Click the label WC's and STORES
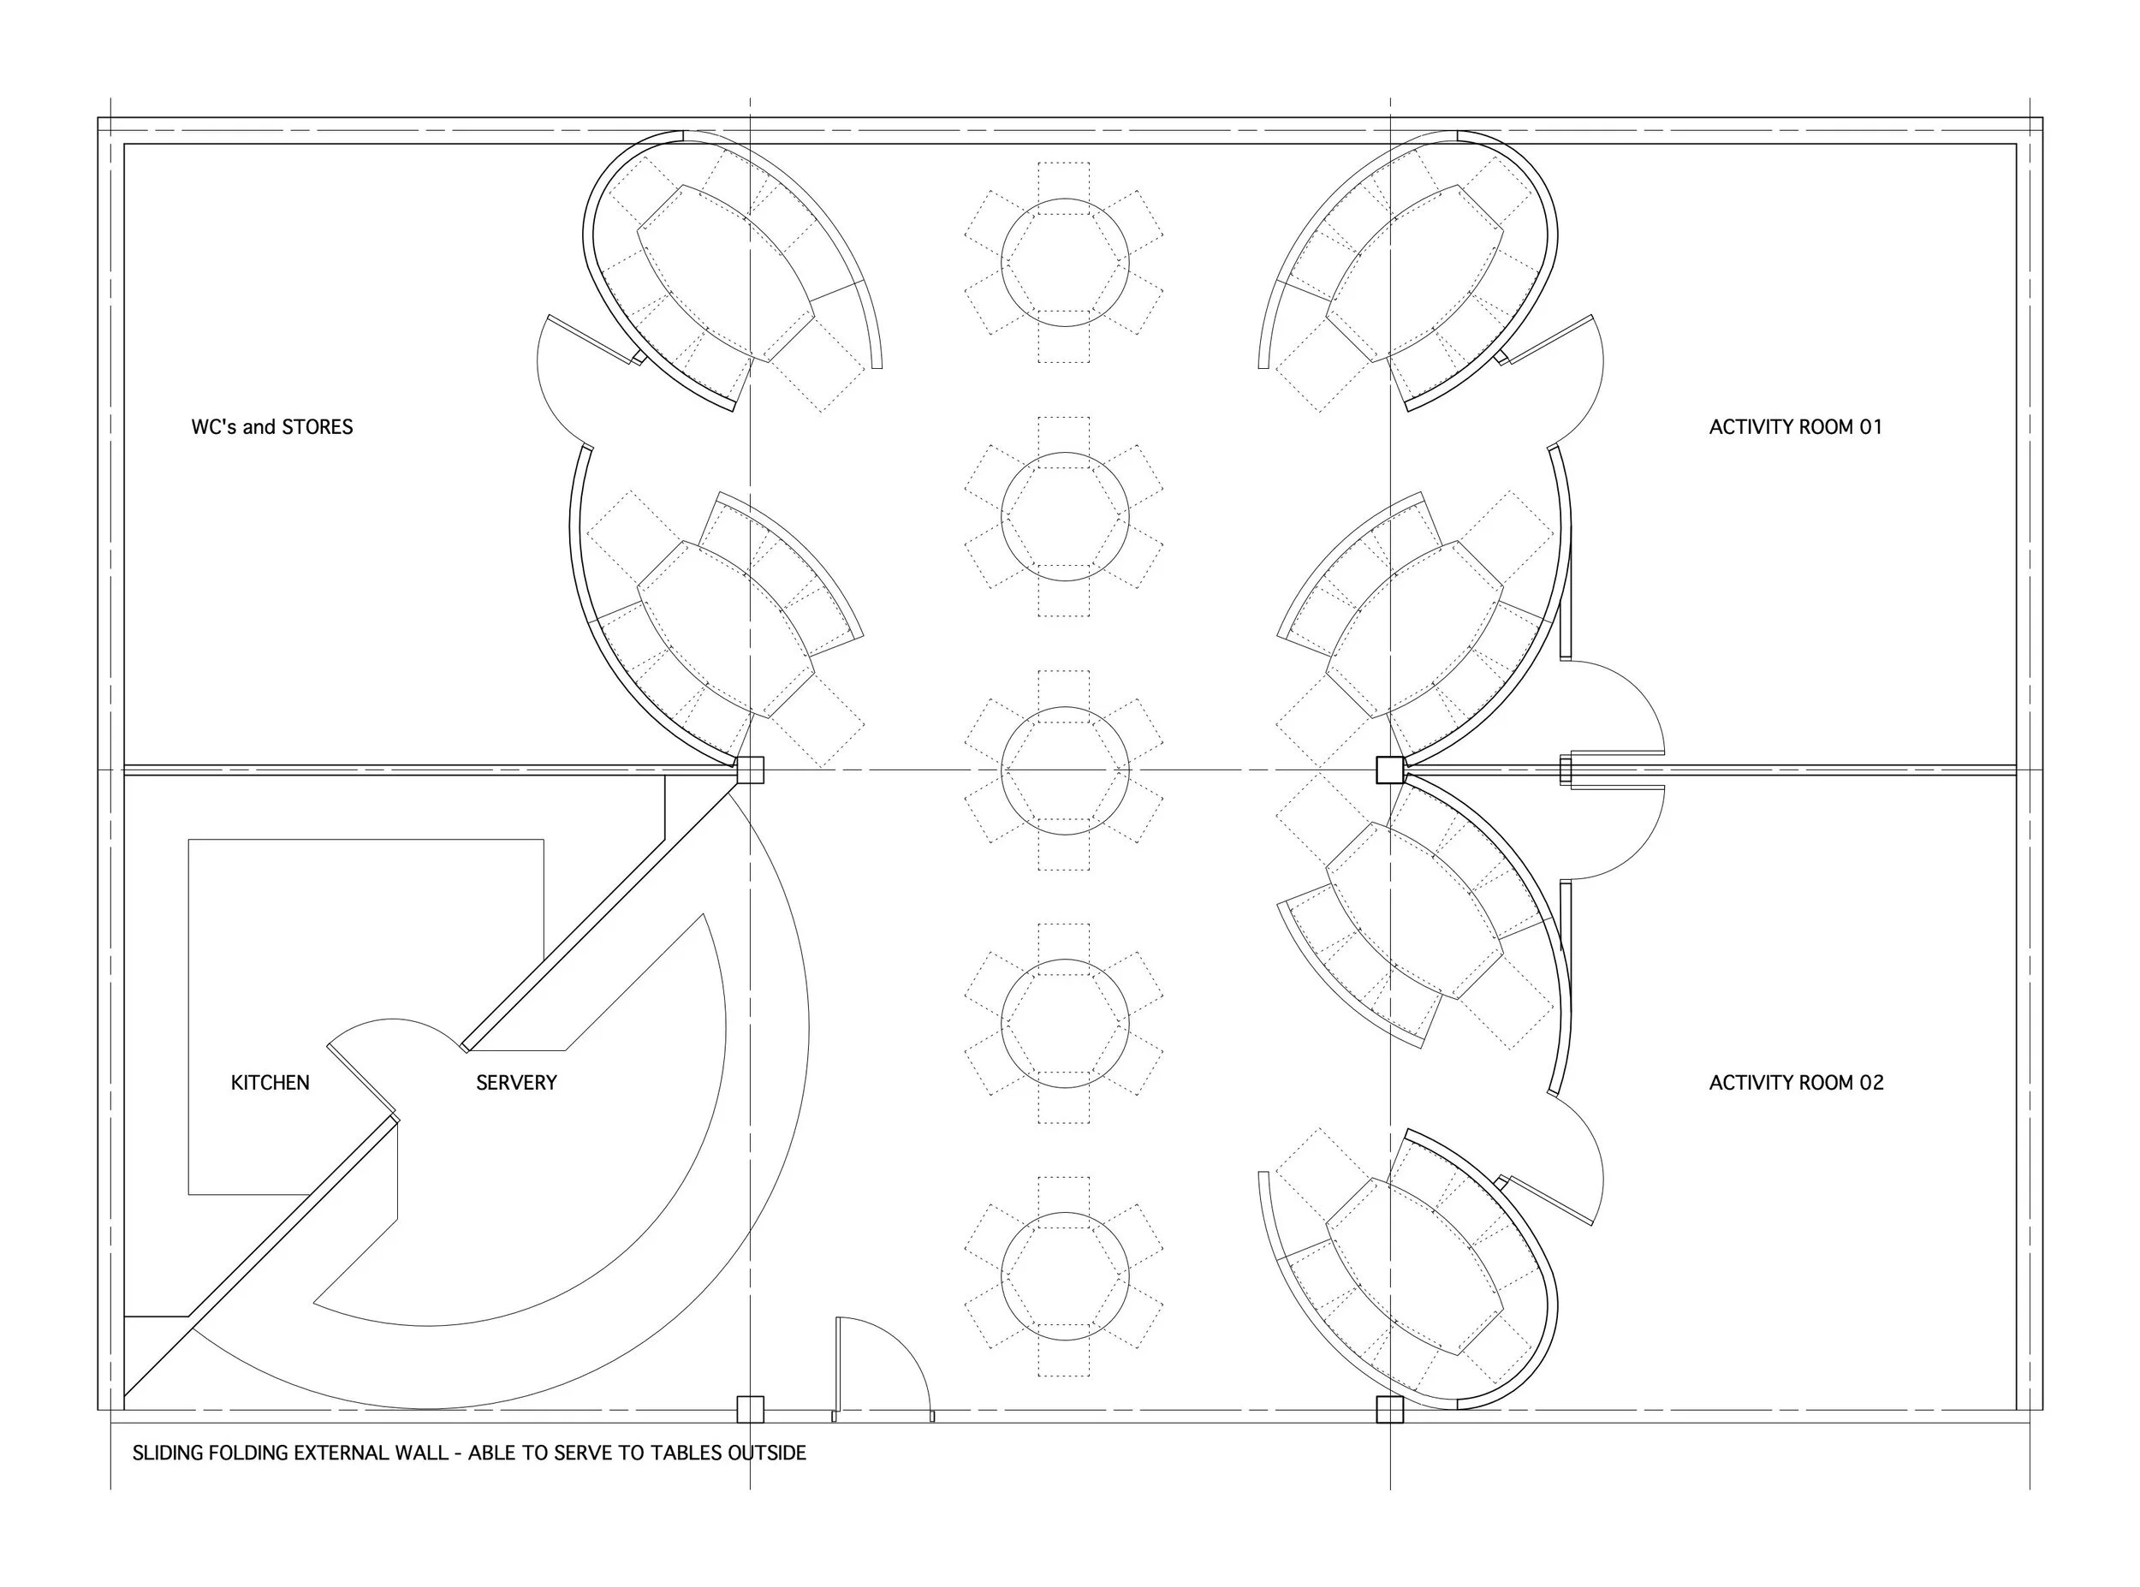tap(272, 426)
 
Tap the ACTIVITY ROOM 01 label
tap(1795, 426)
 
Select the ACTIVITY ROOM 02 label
tap(1796, 1083)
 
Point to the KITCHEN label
tap(270, 1083)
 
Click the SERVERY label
tap(516, 1083)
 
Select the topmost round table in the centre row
tap(1064, 262)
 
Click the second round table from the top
tap(1064, 517)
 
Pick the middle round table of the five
tap(1064, 770)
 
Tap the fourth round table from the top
tap(1064, 1024)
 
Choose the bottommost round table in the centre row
tap(1064, 1277)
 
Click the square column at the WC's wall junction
tap(750, 770)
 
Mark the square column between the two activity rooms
tap(1390, 770)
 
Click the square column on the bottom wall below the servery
tap(750, 1409)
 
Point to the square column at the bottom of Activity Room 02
tap(1390, 1409)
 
